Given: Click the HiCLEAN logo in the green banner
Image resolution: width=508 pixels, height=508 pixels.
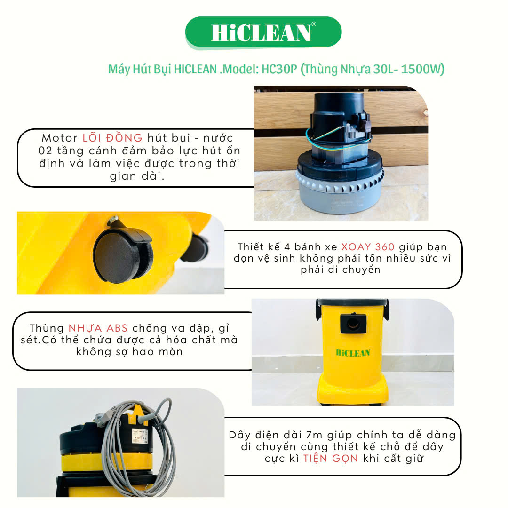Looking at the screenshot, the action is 261,33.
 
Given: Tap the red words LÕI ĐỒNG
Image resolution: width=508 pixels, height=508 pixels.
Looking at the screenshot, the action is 112,138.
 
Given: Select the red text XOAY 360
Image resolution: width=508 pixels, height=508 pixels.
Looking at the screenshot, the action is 368,247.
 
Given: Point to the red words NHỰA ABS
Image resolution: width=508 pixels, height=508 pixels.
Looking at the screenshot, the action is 98,328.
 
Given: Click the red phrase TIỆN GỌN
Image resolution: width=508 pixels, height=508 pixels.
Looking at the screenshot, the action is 331,459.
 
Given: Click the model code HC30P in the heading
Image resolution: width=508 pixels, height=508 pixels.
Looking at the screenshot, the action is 279,69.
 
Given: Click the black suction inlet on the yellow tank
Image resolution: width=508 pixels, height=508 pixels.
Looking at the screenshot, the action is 353,323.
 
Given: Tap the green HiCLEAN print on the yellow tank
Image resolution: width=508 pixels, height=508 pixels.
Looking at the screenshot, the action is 353,353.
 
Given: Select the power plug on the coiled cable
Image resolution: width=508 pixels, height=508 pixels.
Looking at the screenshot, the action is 101,416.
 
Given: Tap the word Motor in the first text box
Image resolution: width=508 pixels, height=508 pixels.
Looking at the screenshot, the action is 60,138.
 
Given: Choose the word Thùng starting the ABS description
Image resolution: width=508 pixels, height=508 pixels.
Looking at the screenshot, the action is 47,328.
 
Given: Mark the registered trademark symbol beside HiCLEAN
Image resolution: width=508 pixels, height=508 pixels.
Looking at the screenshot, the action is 313,24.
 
